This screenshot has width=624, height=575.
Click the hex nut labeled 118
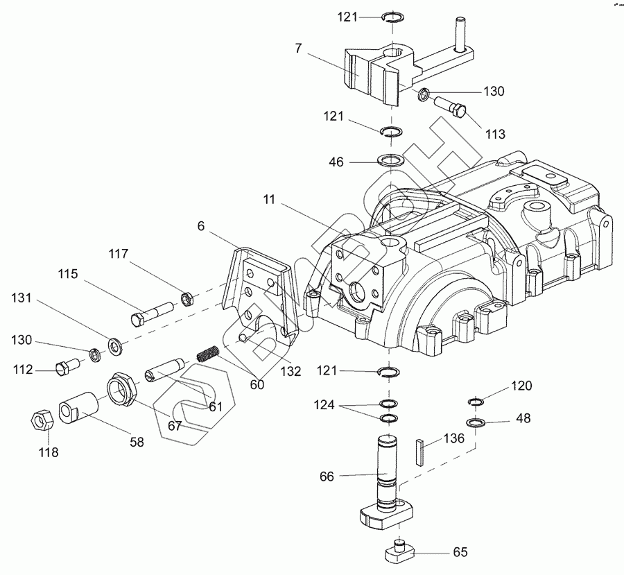point(42,420)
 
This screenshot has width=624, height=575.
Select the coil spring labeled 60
point(209,353)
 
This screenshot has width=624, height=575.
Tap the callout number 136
point(453,438)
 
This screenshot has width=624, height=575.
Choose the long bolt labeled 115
point(151,314)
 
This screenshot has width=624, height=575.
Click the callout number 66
point(327,477)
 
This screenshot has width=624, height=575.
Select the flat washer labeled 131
point(116,345)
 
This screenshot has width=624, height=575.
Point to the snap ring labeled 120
point(475,402)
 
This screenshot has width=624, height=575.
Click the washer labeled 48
point(476,422)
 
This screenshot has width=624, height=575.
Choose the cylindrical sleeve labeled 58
point(79,407)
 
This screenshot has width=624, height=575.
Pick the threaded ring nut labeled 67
point(122,388)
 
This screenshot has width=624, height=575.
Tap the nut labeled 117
point(187,299)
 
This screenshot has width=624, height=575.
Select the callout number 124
point(324,405)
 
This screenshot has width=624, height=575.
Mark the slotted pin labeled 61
point(164,370)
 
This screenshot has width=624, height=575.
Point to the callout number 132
point(291,371)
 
